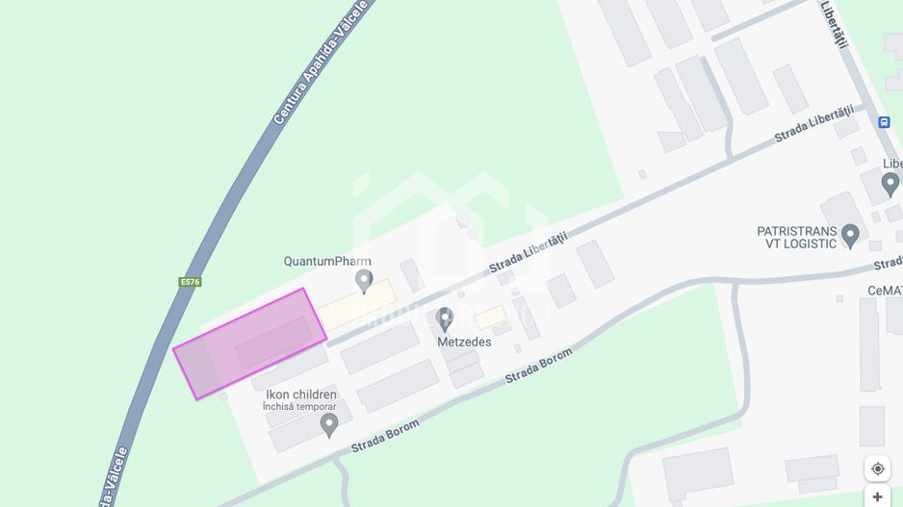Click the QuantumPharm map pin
pyautogui.click(x=364, y=281)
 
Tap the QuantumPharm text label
pyautogui.click(x=327, y=261)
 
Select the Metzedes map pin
pyautogui.click(x=445, y=318)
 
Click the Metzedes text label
pyautogui.click(x=464, y=342)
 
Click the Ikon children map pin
pyautogui.click(x=329, y=424)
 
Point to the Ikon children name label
pyautogui.click(x=301, y=394)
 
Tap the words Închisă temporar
pyautogui.click(x=299, y=407)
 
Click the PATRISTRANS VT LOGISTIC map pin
pyautogui.click(x=850, y=235)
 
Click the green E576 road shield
pyautogui.click(x=190, y=282)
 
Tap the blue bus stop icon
pyautogui.click(x=884, y=122)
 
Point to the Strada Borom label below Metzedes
pyautogui.click(x=538, y=366)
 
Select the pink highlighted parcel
pyautogui.click(x=249, y=342)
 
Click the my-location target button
pyautogui.click(x=877, y=469)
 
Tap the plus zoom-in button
pyautogui.click(x=877, y=496)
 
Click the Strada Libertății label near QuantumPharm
pyautogui.click(x=528, y=252)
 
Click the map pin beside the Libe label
pyautogui.click(x=890, y=184)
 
